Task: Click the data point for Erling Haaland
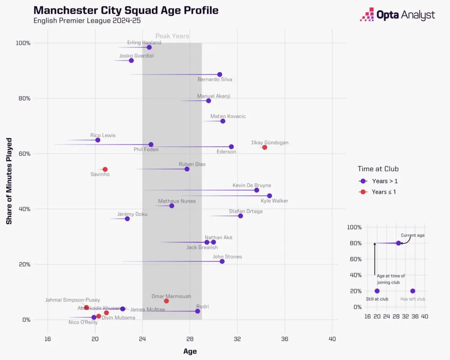149,47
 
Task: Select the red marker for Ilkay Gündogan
265,147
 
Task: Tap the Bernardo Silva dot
220,74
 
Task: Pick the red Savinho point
105,169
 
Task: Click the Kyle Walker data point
269,196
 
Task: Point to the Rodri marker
198,311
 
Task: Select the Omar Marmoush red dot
166,301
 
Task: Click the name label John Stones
227,257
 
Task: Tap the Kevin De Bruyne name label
252,185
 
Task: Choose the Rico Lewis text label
103,135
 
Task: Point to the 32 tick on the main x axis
237,338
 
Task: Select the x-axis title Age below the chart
189,351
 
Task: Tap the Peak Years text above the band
172,36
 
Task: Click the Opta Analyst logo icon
367,14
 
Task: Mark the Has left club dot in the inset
413,291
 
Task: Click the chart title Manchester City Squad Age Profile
126,10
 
